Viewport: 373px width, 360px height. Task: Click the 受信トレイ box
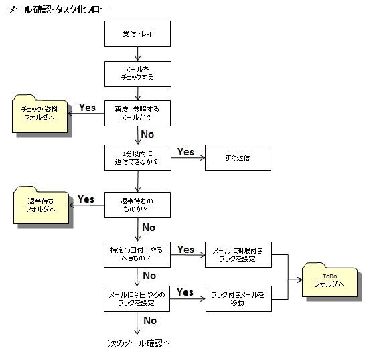click(x=137, y=33)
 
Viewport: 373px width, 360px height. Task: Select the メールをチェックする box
click(x=138, y=74)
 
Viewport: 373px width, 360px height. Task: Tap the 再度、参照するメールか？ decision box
click(x=137, y=113)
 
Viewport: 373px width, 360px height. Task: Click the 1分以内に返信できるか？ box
click(x=138, y=157)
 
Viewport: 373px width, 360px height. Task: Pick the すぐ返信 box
click(x=238, y=157)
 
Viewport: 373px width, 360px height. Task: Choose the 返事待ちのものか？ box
click(x=137, y=205)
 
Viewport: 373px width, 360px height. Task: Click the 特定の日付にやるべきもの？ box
click(x=137, y=254)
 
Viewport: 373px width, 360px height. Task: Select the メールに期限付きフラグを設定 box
click(x=238, y=254)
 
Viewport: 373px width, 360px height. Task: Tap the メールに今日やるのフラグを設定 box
click(x=137, y=298)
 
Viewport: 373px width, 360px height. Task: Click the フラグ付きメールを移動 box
click(x=238, y=298)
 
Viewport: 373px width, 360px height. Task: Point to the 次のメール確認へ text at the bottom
click(x=139, y=343)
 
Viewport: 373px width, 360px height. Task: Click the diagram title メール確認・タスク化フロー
click(x=58, y=10)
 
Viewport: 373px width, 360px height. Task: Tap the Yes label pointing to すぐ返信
click(x=185, y=152)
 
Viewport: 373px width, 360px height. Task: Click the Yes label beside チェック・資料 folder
click(x=87, y=108)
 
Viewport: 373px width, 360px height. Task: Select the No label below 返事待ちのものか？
click(x=149, y=228)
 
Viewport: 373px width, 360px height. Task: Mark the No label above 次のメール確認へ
click(x=150, y=321)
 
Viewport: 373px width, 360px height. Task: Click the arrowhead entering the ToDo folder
click(x=299, y=280)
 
